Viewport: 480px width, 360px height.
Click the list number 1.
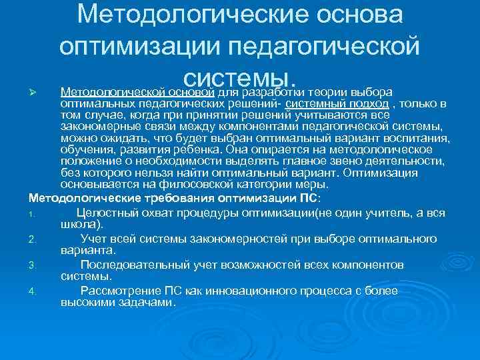coord(31,214)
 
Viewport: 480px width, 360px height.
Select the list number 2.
coord(32,239)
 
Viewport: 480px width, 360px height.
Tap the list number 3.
coord(32,265)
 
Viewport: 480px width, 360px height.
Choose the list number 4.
coord(32,291)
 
